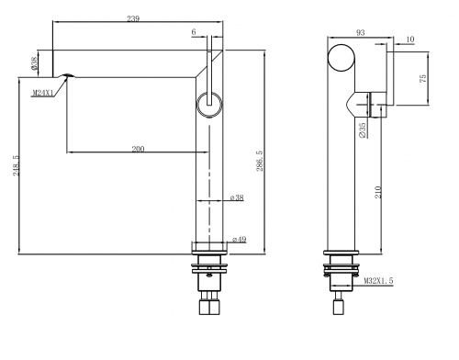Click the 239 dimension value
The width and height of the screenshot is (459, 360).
pyautogui.click(x=133, y=18)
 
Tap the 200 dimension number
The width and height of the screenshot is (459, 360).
pyautogui.click(x=138, y=149)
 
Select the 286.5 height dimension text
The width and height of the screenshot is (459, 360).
pyautogui.click(x=260, y=161)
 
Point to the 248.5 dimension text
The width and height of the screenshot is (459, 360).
pyautogui.click(x=16, y=165)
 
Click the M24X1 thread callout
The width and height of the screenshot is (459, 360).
pyautogui.click(x=42, y=93)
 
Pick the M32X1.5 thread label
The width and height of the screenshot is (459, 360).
pyautogui.click(x=378, y=281)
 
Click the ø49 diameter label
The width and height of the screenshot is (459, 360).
pyautogui.click(x=240, y=239)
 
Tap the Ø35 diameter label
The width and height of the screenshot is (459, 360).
pyautogui.click(x=363, y=130)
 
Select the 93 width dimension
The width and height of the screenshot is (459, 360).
pyautogui.click(x=361, y=32)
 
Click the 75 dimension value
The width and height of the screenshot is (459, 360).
pyautogui.click(x=422, y=78)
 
